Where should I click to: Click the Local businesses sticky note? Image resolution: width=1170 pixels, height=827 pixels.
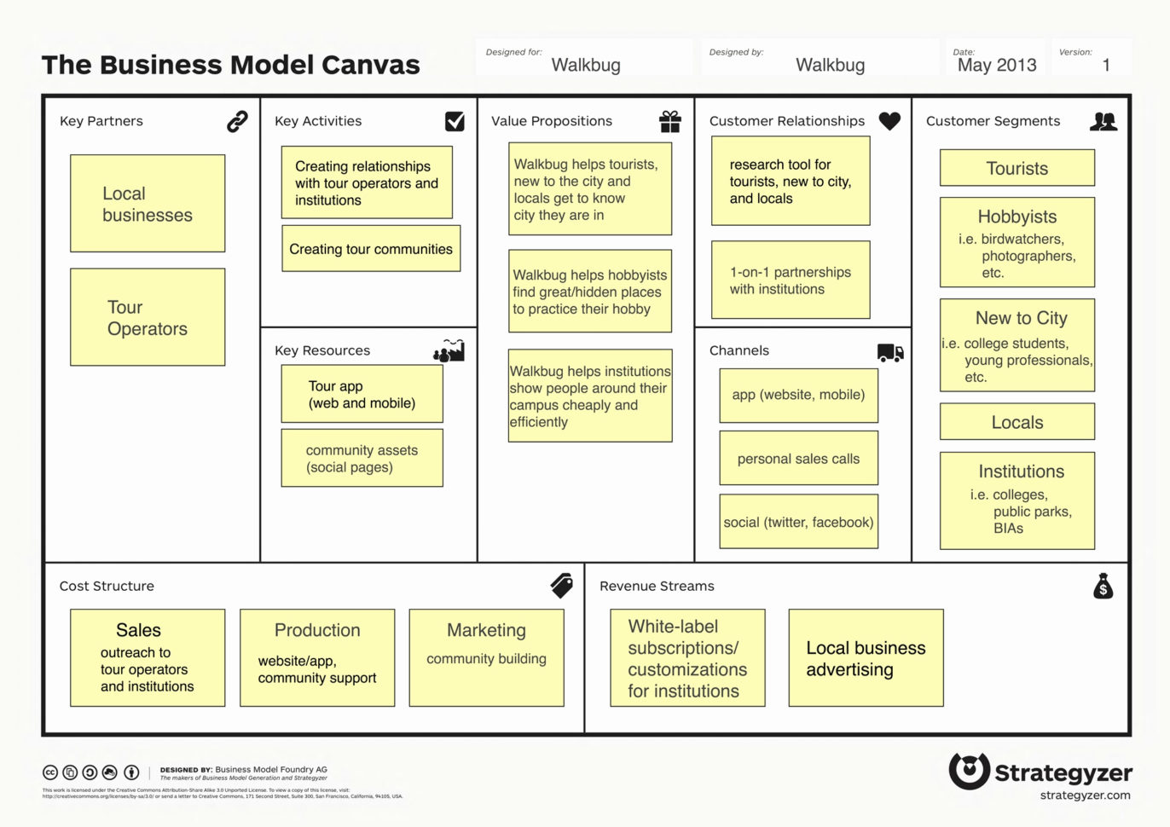coord(148,204)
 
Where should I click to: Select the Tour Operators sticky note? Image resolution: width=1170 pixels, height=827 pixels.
coord(148,317)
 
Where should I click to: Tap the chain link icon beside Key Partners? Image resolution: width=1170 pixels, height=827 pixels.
coord(237,122)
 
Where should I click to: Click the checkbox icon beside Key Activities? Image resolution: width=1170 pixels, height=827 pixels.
coord(455,122)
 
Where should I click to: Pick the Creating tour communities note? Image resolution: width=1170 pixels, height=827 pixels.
coord(371,249)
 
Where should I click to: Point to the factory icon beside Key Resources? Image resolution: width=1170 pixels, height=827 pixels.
coord(449,350)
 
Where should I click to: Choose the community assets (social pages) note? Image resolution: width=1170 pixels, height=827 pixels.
coord(362,459)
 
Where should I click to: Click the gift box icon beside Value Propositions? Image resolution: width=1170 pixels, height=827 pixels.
coord(670,122)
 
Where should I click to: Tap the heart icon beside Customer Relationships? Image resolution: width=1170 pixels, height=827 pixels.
coord(889,122)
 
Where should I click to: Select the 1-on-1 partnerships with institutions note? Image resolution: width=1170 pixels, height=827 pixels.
coord(791,280)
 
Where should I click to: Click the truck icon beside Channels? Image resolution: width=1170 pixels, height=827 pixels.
coord(889,352)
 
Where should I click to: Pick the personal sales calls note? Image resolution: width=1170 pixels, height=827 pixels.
coord(798,459)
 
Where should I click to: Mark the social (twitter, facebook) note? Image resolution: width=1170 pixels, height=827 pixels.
coord(798,522)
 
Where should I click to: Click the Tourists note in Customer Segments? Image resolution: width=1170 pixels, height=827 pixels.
coord(1017,169)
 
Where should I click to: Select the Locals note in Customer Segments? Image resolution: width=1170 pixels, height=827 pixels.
coord(1017,422)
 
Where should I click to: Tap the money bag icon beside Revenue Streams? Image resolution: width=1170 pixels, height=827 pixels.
coord(1103,587)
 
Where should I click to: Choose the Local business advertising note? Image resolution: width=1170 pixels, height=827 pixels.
coord(866,658)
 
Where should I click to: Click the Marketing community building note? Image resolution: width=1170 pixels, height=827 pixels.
coord(486,658)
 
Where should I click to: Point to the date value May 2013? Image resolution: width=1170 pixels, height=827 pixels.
coord(997,65)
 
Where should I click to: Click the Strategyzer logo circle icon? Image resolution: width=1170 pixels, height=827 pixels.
coord(970,771)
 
